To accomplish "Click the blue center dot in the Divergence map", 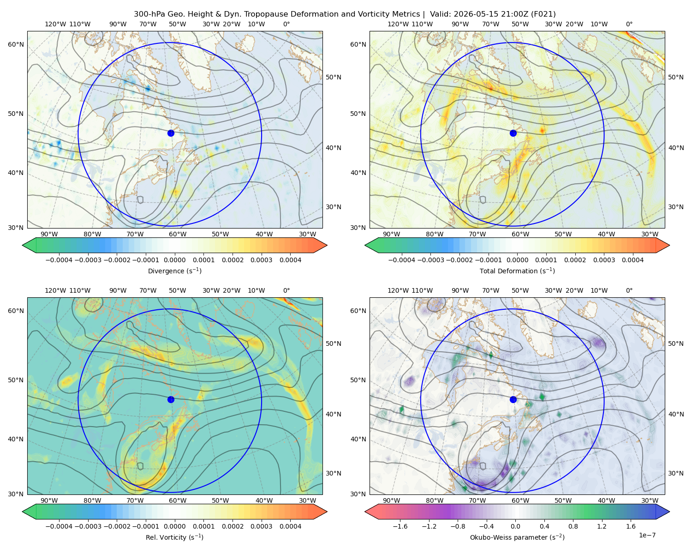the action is [x=171, y=133].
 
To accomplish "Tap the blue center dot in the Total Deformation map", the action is [x=513, y=133].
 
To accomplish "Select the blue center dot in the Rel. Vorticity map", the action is [x=171, y=399].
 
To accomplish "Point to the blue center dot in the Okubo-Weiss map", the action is [x=513, y=399].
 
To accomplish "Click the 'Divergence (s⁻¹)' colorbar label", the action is [x=174, y=271].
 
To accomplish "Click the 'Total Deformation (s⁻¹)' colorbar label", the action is [x=517, y=271].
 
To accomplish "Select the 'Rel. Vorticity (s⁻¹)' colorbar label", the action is [x=174, y=537].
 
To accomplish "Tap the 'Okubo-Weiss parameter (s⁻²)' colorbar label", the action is [x=517, y=537].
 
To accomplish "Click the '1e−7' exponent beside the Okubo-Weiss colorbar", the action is [x=647, y=535].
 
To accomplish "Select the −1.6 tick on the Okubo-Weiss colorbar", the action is [x=400, y=526].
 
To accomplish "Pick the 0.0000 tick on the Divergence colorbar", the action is [x=174, y=260].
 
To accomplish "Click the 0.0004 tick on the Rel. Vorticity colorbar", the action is [x=290, y=526].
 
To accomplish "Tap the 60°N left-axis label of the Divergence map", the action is [x=16, y=44].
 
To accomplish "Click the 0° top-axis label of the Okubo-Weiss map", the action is [x=629, y=290].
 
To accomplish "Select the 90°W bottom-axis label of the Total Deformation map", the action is [x=391, y=234].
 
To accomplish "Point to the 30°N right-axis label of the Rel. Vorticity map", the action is [x=334, y=473].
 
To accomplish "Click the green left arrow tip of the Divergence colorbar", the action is [x=23, y=245].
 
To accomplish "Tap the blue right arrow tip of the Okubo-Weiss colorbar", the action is [x=669, y=512].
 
